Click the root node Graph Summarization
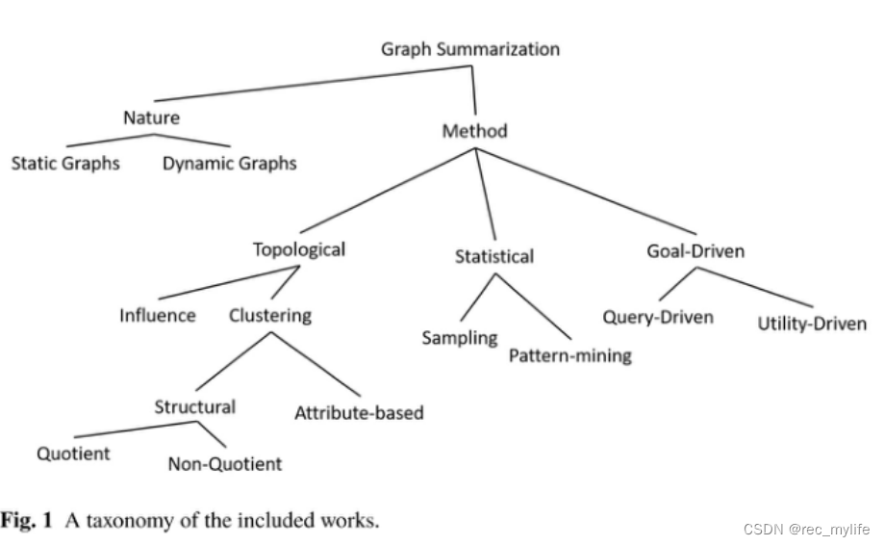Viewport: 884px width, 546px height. [x=469, y=48]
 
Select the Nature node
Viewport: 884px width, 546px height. [x=151, y=118]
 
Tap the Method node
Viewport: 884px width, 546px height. [x=474, y=130]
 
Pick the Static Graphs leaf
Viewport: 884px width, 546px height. [x=65, y=163]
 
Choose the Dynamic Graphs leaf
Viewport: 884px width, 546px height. [x=229, y=164]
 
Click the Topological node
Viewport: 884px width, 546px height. [x=298, y=249]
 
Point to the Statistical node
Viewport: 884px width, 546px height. [x=493, y=256]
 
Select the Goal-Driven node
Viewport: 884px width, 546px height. [x=695, y=251]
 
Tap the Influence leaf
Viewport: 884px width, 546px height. [x=158, y=315]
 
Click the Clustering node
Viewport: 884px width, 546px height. [x=270, y=315]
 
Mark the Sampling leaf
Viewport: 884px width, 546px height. [x=460, y=338]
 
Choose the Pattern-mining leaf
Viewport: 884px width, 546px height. [x=569, y=355]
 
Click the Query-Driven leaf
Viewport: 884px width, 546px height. [x=658, y=317]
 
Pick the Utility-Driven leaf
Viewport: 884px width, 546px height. [x=812, y=324]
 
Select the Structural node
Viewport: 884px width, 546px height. [x=194, y=406]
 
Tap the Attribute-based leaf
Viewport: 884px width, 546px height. [x=359, y=413]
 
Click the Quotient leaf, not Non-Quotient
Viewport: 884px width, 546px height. [x=73, y=454]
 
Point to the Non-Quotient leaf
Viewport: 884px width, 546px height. [x=225, y=464]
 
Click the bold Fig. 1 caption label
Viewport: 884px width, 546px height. [x=32, y=521]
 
